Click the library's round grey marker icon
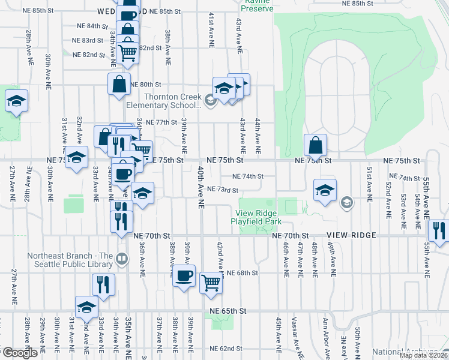click(x=122, y=259)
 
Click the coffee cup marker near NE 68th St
click(x=184, y=276)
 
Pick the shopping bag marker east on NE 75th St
click(x=315, y=145)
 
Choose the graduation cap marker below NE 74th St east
click(x=324, y=190)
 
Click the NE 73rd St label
click(x=223, y=190)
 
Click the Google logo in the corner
click(x=20, y=353)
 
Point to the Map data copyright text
click(x=424, y=355)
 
